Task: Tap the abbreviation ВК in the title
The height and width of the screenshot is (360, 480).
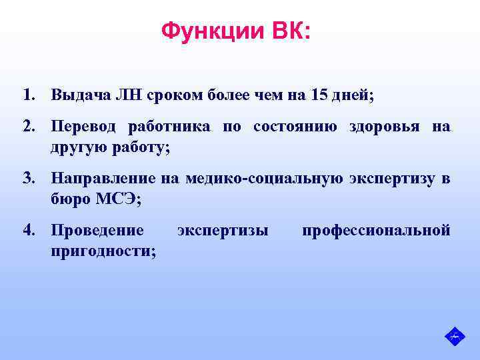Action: [x=287, y=31]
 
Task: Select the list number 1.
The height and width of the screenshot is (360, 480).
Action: [x=27, y=95]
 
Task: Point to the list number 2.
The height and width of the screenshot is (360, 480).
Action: [x=27, y=127]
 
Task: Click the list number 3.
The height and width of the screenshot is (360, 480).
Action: [x=27, y=178]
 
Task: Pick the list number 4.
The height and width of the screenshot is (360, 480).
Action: [x=27, y=231]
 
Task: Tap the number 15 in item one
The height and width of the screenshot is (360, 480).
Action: [x=318, y=95]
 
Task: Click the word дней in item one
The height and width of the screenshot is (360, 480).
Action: [x=354, y=95]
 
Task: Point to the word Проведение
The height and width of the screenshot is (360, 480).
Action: [x=97, y=231]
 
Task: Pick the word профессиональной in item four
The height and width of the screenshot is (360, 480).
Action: [x=376, y=231]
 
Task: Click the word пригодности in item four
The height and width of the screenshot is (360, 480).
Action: [x=102, y=251]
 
